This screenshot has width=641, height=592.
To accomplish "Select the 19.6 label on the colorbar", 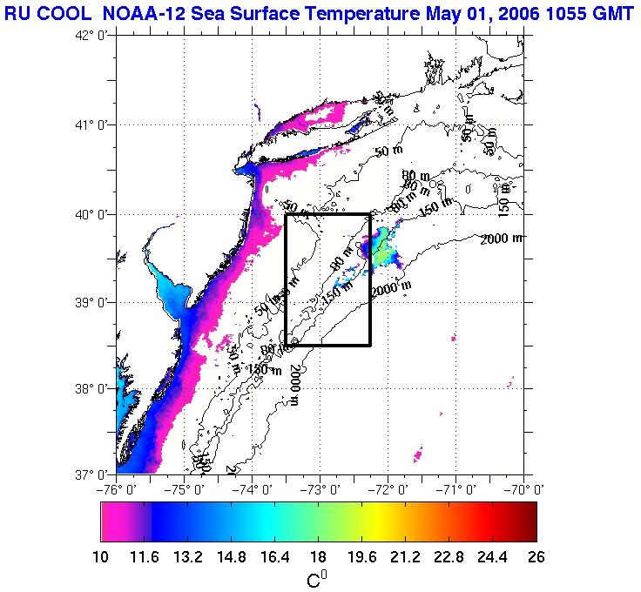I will [364, 558].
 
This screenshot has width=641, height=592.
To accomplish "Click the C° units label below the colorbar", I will [318, 578].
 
